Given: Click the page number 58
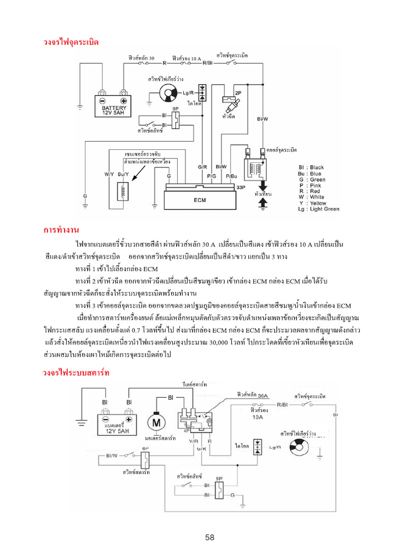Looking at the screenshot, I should (x=210, y=538).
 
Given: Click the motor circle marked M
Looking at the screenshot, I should (x=156, y=422).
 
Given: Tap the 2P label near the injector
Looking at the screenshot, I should (x=237, y=94).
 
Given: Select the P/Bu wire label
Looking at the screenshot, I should (x=231, y=176).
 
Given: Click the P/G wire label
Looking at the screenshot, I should (x=212, y=176).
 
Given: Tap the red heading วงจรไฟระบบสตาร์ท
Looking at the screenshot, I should (x=77, y=373).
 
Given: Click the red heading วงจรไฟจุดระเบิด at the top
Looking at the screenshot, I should (x=71, y=42).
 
